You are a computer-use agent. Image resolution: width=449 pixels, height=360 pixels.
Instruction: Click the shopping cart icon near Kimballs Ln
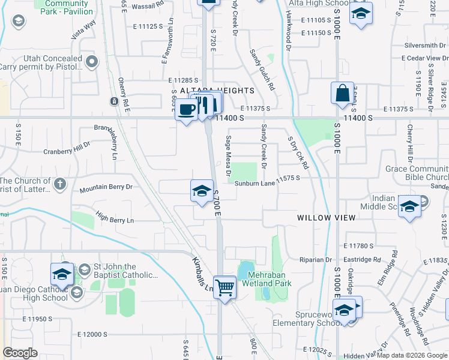pos(224,287)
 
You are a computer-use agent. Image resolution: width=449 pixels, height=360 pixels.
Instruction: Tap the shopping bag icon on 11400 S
pos(342,94)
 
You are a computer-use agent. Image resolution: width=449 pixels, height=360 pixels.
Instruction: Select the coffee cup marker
pos(187,109)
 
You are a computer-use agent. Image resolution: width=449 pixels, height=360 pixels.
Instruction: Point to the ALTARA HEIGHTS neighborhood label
pos(217,91)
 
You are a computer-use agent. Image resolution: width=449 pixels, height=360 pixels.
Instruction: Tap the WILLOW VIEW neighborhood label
pos(327,218)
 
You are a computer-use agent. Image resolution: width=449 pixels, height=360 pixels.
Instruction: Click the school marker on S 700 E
pos(202,191)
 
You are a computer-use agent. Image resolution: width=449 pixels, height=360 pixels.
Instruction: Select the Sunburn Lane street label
pos(255,184)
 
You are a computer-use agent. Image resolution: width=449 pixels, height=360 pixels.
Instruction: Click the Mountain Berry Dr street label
pos(106,188)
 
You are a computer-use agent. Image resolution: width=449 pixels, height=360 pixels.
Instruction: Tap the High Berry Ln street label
pos(114,220)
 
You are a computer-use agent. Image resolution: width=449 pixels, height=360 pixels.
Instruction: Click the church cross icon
pos(59,184)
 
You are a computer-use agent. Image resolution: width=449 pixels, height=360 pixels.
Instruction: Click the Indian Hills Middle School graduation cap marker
pos(409,207)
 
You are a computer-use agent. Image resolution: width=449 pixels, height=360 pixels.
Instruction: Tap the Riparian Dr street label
pos(316,260)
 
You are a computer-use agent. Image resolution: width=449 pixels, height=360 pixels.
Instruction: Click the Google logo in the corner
pos(20,353)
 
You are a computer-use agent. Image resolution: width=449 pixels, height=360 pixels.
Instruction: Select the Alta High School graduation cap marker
pos(360,14)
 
